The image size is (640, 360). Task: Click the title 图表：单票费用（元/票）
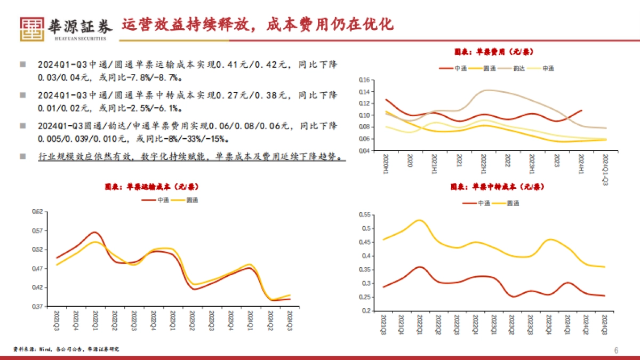[x=494, y=52]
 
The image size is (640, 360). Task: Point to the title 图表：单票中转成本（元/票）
[x=497, y=187]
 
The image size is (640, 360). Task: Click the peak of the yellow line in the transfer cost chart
[x=420, y=220]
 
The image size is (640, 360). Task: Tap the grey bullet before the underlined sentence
[x=22, y=156]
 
